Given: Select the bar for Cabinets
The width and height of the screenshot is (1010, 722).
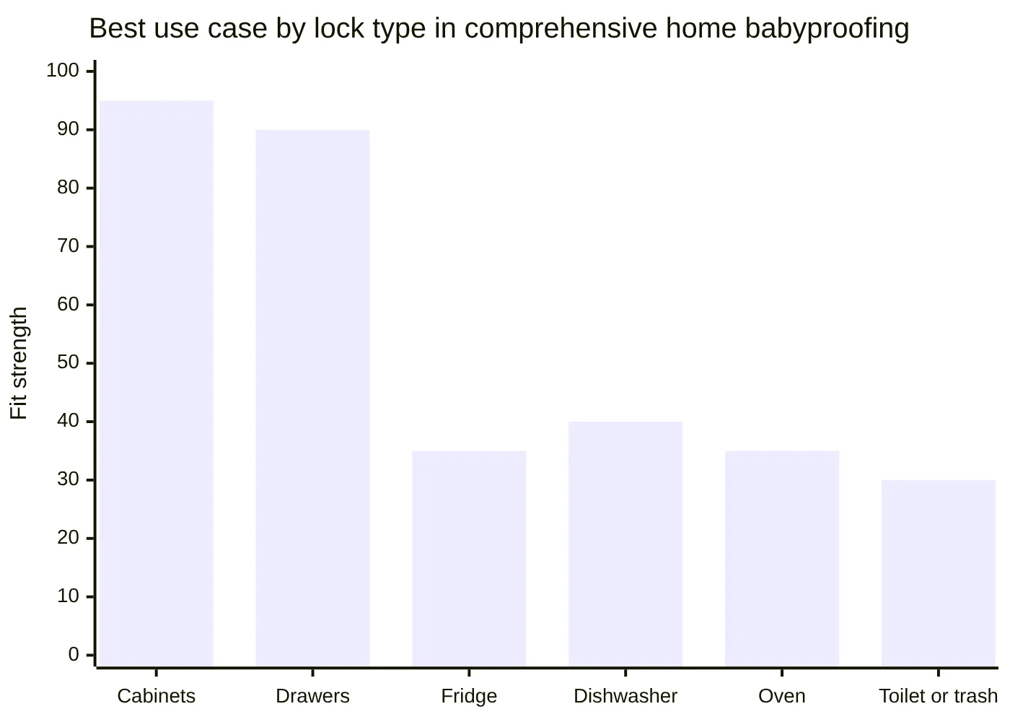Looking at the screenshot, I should (157, 383).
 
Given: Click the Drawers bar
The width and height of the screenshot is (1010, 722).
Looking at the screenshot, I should (312, 398).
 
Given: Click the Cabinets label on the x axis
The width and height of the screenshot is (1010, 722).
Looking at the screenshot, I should (157, 696).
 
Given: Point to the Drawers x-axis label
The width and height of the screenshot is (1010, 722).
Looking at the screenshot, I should (312, 696).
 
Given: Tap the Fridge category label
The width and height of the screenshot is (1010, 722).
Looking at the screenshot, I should (469, 696).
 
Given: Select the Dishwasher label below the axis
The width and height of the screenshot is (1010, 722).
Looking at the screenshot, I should (625, 696).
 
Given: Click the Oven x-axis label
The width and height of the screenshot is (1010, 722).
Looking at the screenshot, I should (782, 696).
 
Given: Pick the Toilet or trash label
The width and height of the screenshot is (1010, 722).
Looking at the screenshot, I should (938, 696).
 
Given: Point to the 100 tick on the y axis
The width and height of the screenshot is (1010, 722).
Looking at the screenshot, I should (63, 71).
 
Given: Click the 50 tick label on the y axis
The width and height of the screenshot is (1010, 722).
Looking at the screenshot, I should (68, 362).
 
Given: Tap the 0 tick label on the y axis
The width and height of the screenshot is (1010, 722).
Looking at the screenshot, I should (74, 655).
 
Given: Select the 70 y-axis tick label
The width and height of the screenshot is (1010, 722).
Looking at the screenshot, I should (68, 246).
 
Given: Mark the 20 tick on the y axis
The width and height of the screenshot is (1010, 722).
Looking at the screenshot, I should (68, 538).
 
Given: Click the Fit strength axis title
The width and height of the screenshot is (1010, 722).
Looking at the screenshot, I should (19, 363).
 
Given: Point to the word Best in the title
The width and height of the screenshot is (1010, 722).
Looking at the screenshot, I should (117, 29).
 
